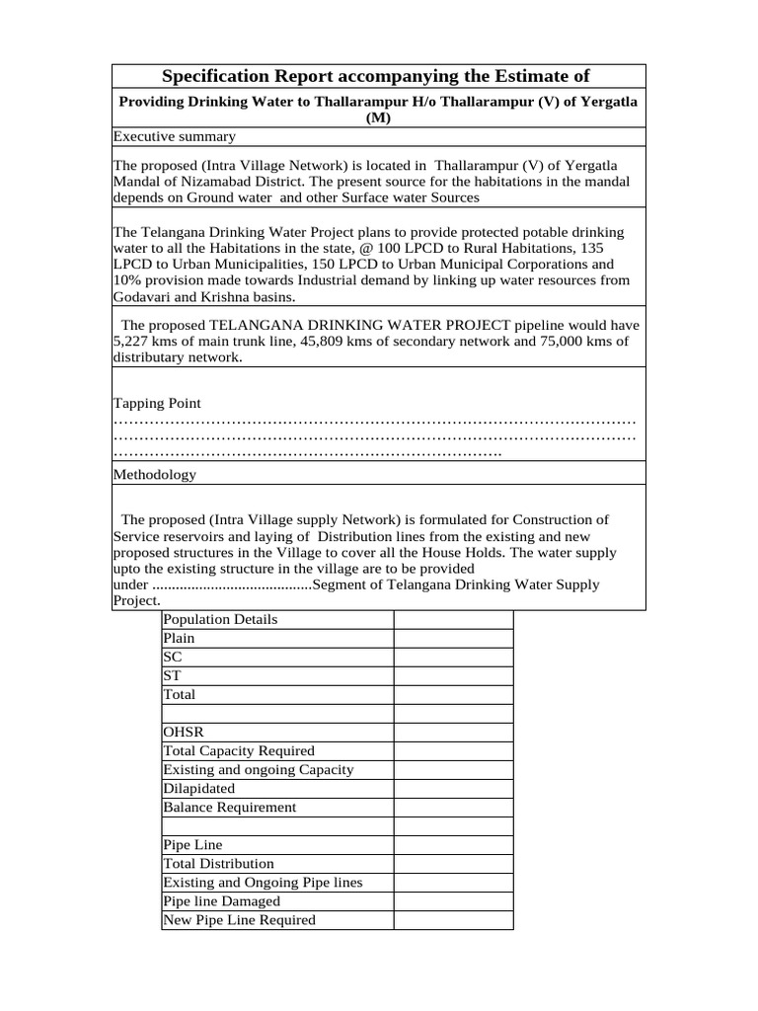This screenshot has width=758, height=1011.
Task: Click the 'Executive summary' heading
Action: pyautogui.click(x=174, y=136)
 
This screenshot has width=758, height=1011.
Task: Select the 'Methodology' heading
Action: pyautogui.click(x=155, y=475)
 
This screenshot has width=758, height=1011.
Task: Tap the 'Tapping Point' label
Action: pyautogui.click(x=157, y=403)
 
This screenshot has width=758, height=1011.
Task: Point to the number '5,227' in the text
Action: pyautogui.click(x=133, y=342)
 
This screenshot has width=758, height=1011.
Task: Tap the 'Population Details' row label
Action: pyautogui.click(x=220, y=619)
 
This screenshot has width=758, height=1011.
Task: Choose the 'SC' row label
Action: pyautogui.click(x=173, y=657)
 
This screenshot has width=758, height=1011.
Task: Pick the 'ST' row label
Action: pyautogui.click(x=173, y=675)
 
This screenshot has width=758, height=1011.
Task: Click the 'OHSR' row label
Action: pyautogui.click(x=184, y=733)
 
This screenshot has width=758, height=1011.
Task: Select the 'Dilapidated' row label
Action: pyautogui.click(x=199, y=789)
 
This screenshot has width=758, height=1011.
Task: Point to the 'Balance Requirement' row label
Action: pyautogui.click(x=229, y=807)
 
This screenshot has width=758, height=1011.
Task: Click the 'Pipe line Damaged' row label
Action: pyautogui.click(x=221, y=901)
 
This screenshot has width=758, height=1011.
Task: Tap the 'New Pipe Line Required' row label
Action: pyautogui.click(x=239, y=920)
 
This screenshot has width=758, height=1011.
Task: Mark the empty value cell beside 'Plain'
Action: pyautogui.click(x=453, y=638)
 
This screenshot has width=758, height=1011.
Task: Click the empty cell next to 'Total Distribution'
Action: pyautogui.click(x=453, y=864)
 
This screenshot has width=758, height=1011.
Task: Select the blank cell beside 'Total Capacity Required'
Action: pyautogui.click(x=453, y=751)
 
